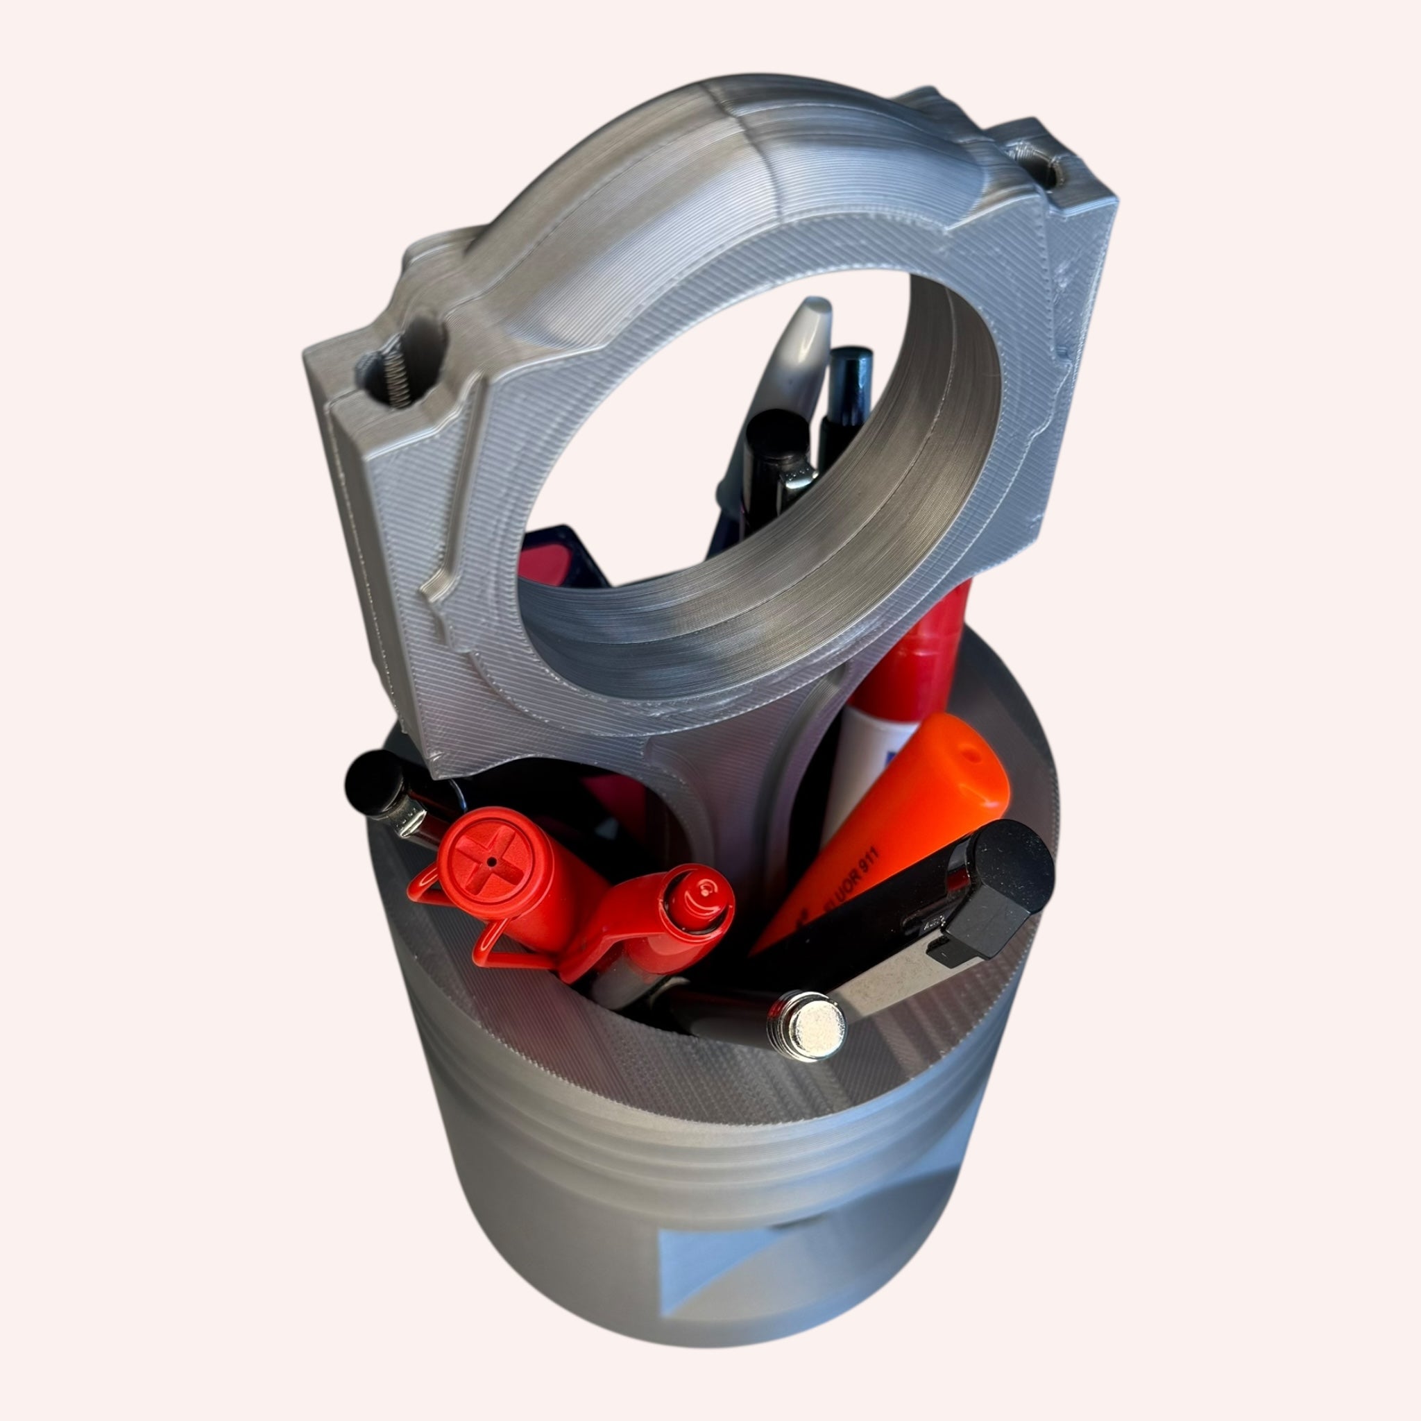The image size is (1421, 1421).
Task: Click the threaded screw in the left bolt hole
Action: pyautogui.click(x=398, y=371)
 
